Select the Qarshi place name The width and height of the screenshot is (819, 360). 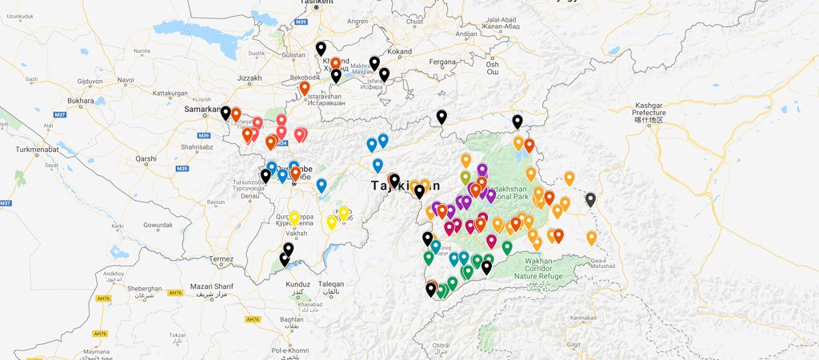[x=146, y=158]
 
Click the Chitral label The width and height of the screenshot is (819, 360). [x=440, y=346]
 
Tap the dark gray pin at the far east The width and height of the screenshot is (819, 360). [x=590, y=200]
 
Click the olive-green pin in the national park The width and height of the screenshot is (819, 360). [x=465, y=177]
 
